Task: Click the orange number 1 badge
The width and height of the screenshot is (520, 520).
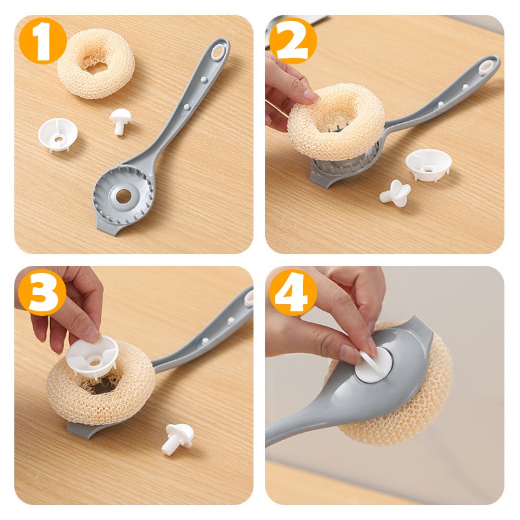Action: tap(43, 41)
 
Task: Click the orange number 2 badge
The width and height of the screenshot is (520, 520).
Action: tap(293, 41)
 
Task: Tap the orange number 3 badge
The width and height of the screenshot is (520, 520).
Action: tap(43, 292)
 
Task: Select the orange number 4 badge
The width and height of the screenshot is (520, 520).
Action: tap(293, 292)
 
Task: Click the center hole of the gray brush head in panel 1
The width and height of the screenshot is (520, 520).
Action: tap(123, 196)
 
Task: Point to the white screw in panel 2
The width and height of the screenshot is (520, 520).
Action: tap(395, 192)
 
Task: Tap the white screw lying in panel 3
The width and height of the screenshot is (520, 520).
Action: tap(175, 438)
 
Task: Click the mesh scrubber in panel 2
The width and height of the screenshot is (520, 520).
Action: tap(335, 123)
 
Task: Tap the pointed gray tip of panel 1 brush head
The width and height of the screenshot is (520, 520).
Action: tap(99, 229)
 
